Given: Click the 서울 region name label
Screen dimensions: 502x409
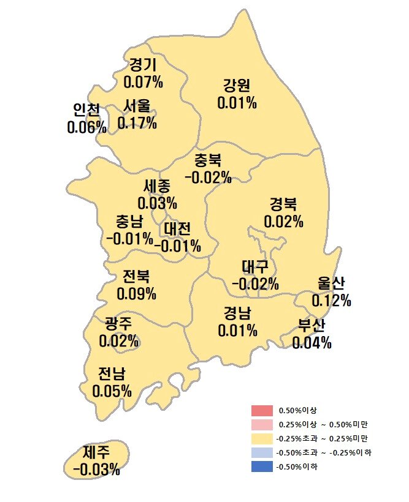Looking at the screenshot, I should point(136,107).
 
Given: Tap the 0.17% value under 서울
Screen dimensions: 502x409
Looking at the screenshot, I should point(137,123).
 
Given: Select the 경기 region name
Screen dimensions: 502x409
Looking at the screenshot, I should point(143,65).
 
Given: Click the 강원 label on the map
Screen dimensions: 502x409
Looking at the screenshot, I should point(237,86).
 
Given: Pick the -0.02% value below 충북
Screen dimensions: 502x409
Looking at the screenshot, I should point(208,178).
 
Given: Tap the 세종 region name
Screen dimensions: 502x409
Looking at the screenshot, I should point(157,185).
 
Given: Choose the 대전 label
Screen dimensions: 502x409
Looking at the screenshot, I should point(177,229).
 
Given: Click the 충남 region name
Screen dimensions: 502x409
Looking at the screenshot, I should point(130,222).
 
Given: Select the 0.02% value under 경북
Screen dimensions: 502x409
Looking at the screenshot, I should point(284,220).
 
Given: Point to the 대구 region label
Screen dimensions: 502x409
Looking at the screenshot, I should point(255,267).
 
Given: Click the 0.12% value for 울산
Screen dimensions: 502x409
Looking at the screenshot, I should point(331,300).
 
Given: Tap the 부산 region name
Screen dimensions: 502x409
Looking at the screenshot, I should point(312,325).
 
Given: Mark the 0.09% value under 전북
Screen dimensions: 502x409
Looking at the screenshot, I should point(136,294).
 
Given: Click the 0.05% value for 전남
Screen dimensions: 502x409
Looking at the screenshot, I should point(112,390).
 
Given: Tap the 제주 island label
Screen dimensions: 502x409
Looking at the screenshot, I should point(96,453).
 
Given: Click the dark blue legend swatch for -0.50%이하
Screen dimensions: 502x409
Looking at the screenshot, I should point(261,467).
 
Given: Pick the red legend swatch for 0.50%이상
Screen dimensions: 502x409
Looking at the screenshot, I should point(261,410).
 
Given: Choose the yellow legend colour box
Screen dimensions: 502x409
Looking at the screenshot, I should point(261,438).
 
